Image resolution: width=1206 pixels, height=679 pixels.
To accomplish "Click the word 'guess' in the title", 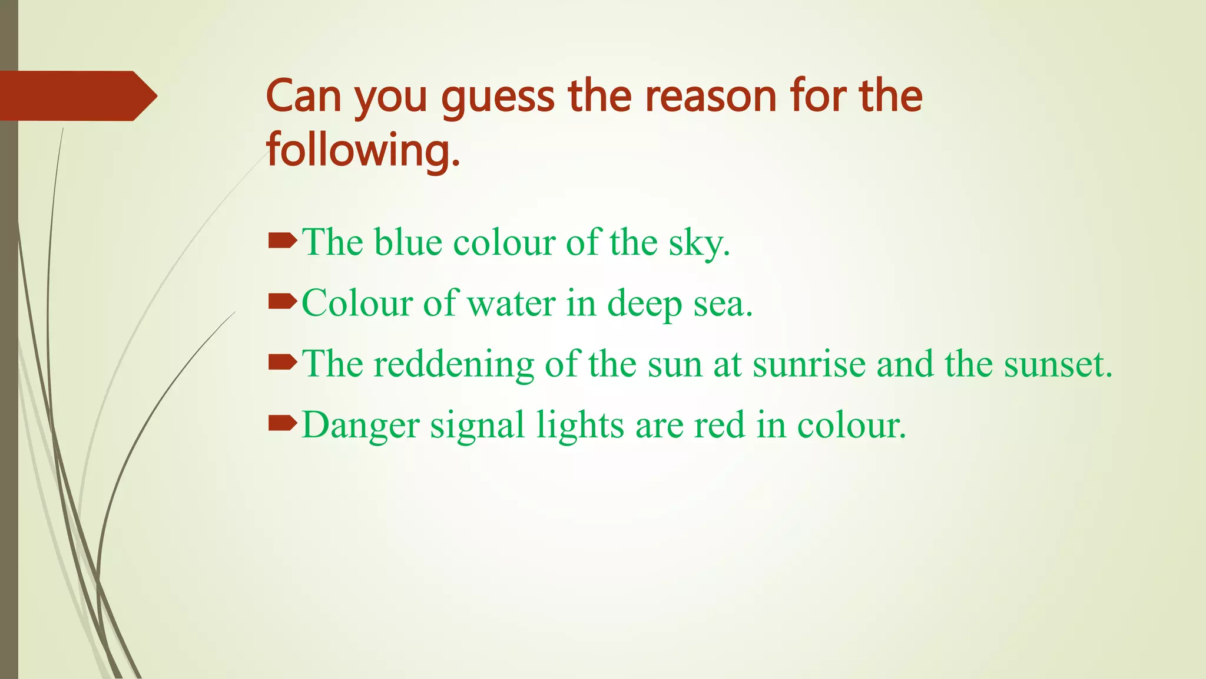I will tap(498, 97).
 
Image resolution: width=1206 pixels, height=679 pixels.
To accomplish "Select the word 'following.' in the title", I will tap(363, 151).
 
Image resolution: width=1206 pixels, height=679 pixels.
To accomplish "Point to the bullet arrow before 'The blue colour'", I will tap(283, 240).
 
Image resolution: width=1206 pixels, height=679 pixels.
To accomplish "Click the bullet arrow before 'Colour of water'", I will tap(283, 302).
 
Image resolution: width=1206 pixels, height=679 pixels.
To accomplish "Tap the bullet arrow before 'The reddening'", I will tap(283, 362).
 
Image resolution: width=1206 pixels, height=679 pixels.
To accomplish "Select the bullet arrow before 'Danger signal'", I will tap(283, 423).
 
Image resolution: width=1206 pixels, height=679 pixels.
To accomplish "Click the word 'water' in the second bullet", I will tap(511, 304).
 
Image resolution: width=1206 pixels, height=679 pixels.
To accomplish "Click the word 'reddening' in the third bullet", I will tap(453, 364).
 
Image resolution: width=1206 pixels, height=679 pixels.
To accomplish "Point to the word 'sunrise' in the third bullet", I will tap(809, 364).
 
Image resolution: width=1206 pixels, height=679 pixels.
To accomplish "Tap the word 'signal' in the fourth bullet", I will tap(477, 426).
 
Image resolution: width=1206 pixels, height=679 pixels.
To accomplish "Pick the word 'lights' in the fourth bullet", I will tap(580, 426).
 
